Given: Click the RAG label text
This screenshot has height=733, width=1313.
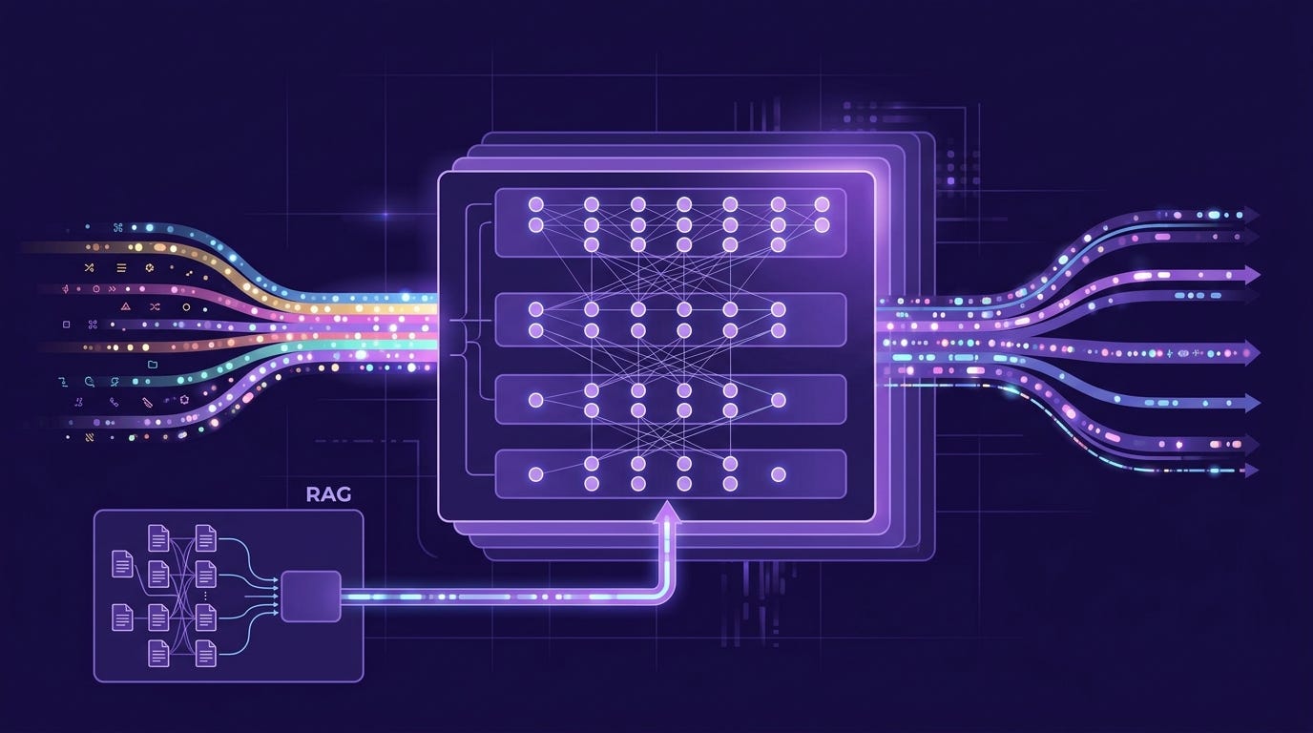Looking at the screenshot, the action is [x=328, y=494].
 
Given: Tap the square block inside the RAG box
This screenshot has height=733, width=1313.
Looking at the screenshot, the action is [x=311, y=596].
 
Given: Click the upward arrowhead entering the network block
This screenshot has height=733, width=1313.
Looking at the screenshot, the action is [x=668, y=512].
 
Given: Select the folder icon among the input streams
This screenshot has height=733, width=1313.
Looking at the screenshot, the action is [x=153, y=365].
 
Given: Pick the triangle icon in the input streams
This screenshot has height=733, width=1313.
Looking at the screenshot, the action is [x=125, y=306].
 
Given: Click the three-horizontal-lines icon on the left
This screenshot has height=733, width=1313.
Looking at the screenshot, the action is [x=121, y=268].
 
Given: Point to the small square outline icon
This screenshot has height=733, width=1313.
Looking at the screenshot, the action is [x=66, y=325].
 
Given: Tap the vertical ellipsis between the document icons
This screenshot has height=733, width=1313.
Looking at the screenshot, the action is [x=205, y=596].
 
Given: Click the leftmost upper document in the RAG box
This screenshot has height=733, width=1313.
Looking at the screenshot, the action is [x=122, y=563].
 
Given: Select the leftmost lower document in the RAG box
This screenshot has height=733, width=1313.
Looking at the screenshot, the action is [x=122, y=618].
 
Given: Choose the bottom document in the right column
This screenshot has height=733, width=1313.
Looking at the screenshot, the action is [x=205, y=653].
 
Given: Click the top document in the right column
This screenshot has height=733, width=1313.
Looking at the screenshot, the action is [x=205, y=537].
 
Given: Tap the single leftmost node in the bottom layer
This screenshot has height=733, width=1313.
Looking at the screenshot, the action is [x=535, y=473].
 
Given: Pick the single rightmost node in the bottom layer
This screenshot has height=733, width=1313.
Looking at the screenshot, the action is [x=778, y=473].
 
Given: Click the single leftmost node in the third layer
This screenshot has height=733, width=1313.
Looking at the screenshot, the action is [x=535, y=400].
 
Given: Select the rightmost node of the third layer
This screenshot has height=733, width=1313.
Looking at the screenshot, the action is [x=778, y=400].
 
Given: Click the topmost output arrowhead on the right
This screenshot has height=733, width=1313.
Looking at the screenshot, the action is [x=1251, y=214].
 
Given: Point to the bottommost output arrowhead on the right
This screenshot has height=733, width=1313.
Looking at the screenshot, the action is [x=1251, y=470].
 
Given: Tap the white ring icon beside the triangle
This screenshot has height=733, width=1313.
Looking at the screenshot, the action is [x=186, y=306].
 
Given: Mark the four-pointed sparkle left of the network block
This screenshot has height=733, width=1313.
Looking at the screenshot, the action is [x=386, y=215].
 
